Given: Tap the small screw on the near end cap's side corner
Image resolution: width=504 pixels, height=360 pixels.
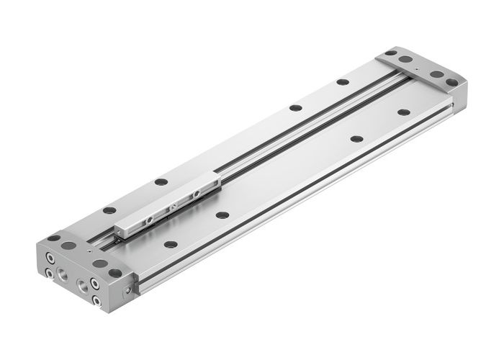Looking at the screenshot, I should [127, 289].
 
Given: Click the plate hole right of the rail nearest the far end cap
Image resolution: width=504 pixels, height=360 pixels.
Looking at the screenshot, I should [402, 112].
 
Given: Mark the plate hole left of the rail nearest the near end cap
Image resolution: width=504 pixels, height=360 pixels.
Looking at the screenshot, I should [109, 210].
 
